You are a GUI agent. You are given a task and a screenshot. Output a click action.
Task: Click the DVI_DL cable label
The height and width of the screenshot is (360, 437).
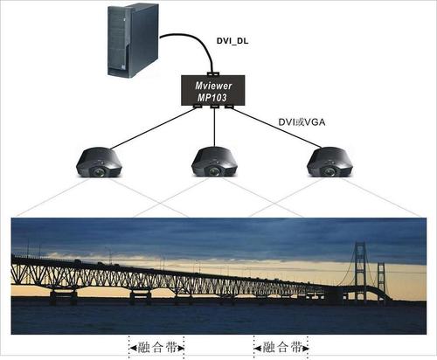pos(232,41)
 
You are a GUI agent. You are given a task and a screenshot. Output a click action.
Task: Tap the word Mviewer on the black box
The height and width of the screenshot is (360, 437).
pos(213,86)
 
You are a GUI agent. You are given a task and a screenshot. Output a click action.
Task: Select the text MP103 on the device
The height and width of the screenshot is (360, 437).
pos(212,97)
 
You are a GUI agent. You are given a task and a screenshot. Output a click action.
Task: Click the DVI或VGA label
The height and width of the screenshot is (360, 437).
pos(302,122)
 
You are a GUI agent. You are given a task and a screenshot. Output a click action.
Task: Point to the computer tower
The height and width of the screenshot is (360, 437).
pos(133,40)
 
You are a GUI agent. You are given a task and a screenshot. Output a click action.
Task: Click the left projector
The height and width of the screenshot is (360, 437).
pos(99,163)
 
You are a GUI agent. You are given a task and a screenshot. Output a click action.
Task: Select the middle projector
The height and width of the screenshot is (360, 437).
pos(214,163)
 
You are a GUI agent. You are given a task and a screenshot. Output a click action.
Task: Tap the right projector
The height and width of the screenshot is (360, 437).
pos(329,163)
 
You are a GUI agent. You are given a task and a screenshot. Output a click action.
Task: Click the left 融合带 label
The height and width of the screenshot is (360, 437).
pos(157,348)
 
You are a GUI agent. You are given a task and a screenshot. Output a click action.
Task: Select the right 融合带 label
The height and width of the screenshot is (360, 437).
pos(282,348)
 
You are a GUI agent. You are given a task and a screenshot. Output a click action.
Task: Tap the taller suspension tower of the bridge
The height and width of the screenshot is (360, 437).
pos(360,271)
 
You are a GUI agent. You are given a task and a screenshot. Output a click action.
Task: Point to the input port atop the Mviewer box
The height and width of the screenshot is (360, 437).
pos(213,73)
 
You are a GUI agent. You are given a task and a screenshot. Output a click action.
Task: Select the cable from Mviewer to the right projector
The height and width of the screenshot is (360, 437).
pos(278,128)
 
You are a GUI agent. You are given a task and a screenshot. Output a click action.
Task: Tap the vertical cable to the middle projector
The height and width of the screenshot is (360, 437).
pos(214,128)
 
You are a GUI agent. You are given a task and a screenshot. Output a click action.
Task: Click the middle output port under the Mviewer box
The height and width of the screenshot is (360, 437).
pos(214,107)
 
